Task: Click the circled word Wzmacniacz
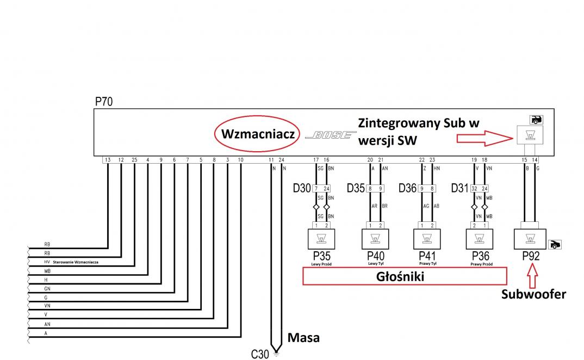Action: [x=257, y=134]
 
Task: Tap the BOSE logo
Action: [x=328, y=135]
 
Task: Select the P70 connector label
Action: [x=104, y=102]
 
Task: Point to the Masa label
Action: [x=303, y=338]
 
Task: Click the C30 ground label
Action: [x=260, y=354]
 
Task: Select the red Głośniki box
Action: [x=404, y=276]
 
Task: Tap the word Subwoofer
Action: [x=533, y=294]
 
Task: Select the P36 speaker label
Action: [x=481, y=256]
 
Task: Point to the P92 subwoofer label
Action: [x=531, y=256]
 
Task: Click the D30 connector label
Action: [x=301, y=189]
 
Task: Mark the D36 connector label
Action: [x=408, y=189]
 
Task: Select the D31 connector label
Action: [x=461, y=189]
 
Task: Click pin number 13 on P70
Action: [x=108, y=160]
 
